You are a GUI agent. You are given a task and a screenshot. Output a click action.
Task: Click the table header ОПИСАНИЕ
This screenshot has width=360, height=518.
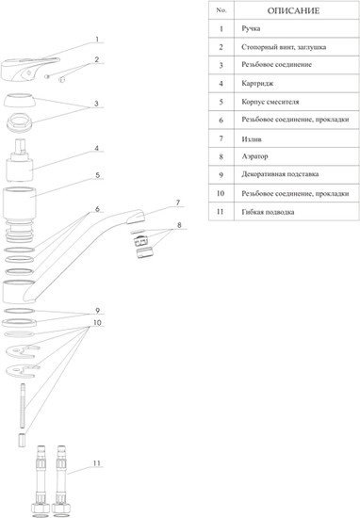tap(293, 11)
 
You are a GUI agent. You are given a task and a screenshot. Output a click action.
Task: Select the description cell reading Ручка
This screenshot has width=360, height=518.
tap(251, 29)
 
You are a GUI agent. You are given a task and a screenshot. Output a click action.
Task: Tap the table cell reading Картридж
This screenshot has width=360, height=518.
tap(257, 83)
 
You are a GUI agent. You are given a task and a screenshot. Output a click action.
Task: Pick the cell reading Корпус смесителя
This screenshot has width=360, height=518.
tap(270, 102)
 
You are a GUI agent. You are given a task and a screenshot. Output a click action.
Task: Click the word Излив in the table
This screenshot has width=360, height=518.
tap(252, 139)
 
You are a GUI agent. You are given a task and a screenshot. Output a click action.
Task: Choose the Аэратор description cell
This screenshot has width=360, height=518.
tap(254, 156)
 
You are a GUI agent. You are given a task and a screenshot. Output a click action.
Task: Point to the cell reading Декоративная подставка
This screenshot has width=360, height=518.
tap(280, 174)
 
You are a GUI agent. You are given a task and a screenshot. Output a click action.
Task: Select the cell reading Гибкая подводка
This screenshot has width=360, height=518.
tap(268, 212)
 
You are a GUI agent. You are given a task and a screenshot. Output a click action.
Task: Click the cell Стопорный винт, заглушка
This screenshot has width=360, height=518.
tap(284, 47)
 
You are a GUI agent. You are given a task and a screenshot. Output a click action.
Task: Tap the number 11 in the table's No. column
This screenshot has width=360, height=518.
tap(221, 211)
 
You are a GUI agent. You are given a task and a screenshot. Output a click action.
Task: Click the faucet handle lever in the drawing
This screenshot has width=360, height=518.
tap(31, 69)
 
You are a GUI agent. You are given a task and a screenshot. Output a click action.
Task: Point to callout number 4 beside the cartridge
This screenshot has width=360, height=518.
tap(96, 148)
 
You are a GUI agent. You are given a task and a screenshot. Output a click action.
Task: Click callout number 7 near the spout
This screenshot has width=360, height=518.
tap(178, 202)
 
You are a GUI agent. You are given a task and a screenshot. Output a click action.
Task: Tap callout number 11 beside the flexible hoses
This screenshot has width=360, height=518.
tap(96, 463)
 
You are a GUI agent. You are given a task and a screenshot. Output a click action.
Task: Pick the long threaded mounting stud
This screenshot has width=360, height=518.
tap(23, 406)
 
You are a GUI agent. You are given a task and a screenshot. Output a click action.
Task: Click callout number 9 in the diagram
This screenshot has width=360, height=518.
tap(97, 311)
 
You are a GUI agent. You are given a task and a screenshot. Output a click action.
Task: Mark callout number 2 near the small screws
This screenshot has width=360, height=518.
tap(96, 59)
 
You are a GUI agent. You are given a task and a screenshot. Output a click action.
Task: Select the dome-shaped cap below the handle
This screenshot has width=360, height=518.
tap(20, 101)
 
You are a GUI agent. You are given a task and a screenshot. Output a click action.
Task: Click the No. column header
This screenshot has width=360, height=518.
tap(221, 10)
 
